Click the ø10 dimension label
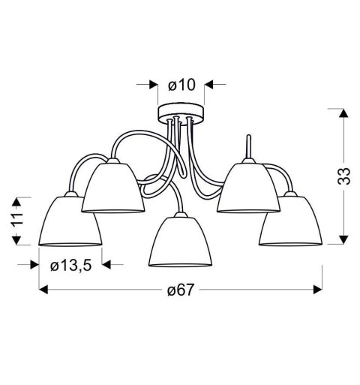tap(181, 85)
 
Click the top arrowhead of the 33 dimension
tap(342, 113)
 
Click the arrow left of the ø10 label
tap(154, 85)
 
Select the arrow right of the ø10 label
tap(209, 85)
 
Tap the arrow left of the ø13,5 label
tap(34, 263)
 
